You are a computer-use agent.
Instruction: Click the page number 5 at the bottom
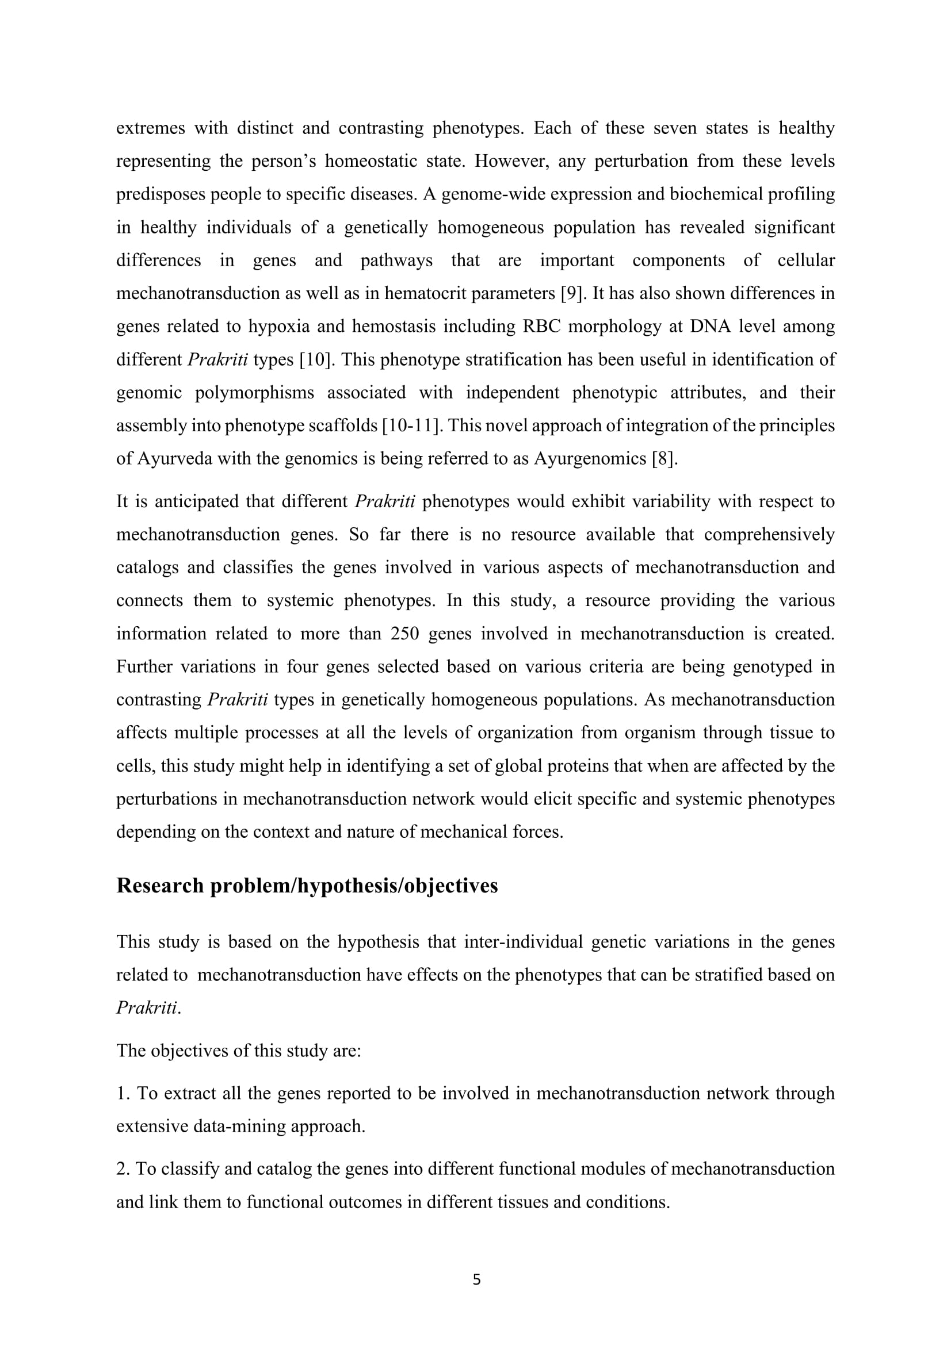[x=476, y=1279]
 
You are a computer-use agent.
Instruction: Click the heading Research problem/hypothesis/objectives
[x=307, y=885]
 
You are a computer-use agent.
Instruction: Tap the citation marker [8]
[x=664, y=458]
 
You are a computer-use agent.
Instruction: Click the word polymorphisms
[x=254, y=392]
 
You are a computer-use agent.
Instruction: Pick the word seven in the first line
[x=674, y=128]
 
